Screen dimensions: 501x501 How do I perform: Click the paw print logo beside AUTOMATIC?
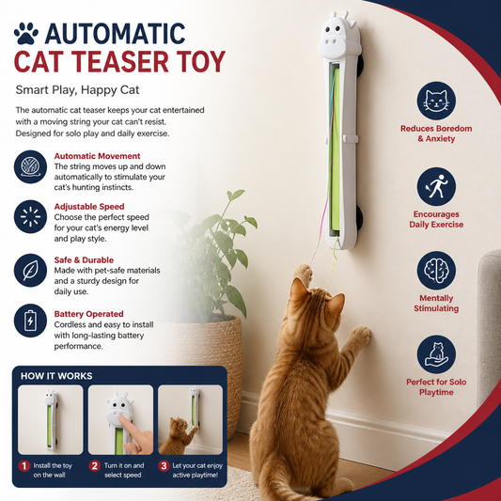coord(26,33)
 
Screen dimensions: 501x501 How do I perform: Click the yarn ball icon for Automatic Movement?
coord(30,166)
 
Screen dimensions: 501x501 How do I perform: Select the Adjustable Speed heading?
coord(89,207)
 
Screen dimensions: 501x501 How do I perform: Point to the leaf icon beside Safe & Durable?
coord(30,271)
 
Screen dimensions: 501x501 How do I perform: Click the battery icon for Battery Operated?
coord(30,321)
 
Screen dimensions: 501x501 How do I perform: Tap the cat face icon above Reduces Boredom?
coord(436,101)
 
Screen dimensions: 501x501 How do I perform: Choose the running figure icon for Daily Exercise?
coord(436,187)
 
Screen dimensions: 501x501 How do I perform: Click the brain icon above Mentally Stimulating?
coord(436,271)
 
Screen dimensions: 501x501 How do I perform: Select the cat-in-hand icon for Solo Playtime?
coord(436,354)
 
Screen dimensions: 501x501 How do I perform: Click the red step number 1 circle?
coord(23,466)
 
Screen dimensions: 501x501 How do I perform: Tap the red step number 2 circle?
coord(94,466)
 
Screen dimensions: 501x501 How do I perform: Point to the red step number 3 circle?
coord(164,466)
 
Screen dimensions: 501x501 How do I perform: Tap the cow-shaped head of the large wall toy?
coord(339,36)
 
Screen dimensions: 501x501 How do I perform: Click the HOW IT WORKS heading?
coord(56,376)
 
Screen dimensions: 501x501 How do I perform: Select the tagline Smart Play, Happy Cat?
coord(77,90)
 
